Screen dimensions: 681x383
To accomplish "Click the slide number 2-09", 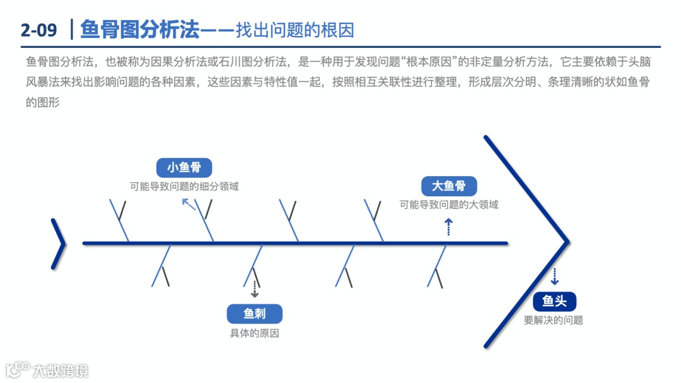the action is pyautogui.click(x=38, y=30).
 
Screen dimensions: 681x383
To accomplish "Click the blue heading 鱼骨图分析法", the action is pyautogui.click(x=139, y=29).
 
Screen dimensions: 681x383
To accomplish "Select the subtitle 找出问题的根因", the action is pyautogui.click(x=294, y=30).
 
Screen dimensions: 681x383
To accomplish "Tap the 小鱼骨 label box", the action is pyautogui.click(x=184, y=167).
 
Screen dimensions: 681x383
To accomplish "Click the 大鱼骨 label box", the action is pyautogui.click(x=448, y=186).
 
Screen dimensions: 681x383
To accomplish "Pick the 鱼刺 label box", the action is pyautogui.click(x=254, y=314).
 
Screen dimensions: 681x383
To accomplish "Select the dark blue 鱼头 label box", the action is pyautogui.click(x=554, y=302).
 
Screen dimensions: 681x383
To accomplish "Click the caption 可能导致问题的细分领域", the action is pyautogui.click(x=184, y=186).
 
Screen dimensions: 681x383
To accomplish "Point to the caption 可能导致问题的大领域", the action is pyautogui.click(x=448, y=204).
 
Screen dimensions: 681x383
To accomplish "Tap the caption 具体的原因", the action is pyautogui.click(x=254, y=333).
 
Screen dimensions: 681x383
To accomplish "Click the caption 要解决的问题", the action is pyautogui.click(x=553, y=320).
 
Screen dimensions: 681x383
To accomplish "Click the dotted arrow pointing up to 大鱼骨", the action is pyautogui.click(x=448, y=227).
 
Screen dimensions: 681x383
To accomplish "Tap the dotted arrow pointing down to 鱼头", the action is pyautogui.click(x=554, y=276).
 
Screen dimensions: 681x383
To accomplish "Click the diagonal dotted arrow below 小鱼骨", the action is pyautogui.click(x=189, y=204).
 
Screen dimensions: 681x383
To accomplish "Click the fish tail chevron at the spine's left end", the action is pyautogui.click(x=59, y=244).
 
